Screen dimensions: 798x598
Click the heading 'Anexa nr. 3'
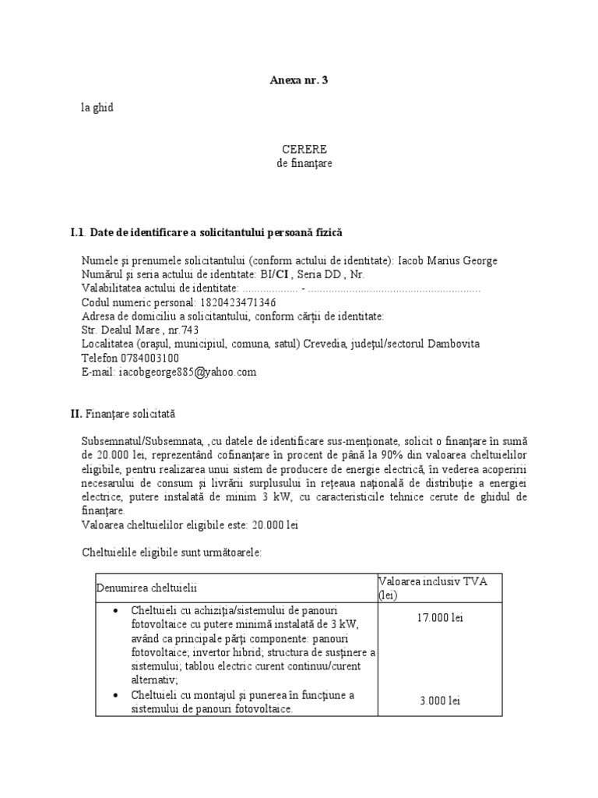(294, 79)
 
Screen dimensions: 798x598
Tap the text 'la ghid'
(97, 108)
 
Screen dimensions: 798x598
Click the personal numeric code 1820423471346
(227, 302)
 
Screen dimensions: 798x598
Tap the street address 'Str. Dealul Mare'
(114, 330)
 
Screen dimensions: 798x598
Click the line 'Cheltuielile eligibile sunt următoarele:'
(172, 552)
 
